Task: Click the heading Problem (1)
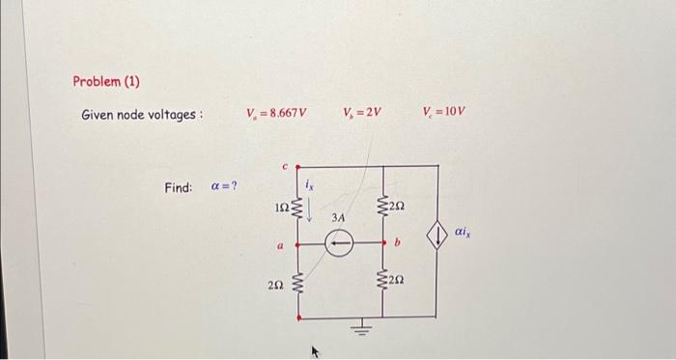(106, 81)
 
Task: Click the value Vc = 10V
(444, 114)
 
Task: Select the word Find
(179, 186)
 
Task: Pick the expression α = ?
(224, 186)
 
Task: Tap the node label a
(281, 247)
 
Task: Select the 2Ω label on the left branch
(276, 283)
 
